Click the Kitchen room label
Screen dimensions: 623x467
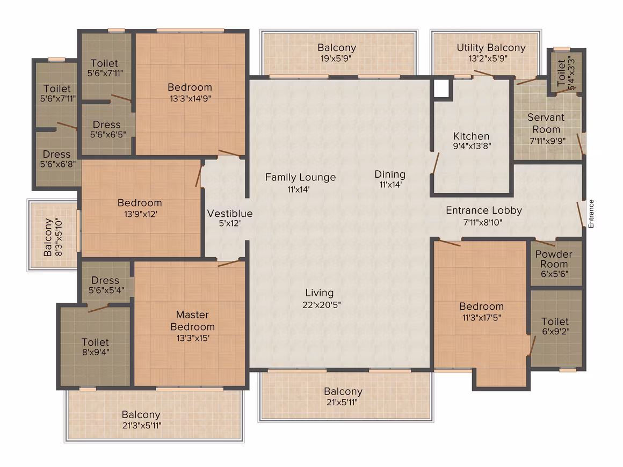pos(471,136)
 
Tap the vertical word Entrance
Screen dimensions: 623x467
pos(591,214)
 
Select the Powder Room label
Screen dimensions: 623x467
pos(554,259)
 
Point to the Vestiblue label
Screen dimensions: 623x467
pos(230,214)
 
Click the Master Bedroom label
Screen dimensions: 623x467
pos(193,321)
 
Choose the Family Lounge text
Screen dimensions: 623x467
pos(300,178)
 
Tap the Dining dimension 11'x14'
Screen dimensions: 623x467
pos(390,185)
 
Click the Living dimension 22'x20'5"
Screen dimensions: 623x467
pos(321,305)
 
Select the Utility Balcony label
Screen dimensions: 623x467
pos(491,48)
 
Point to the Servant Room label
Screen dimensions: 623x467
pos(546,123)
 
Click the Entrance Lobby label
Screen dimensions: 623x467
pos(484,210)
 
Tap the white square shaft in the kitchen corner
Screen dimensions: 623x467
pos(441,88)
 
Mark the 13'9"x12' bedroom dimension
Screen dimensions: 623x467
pos(141,214)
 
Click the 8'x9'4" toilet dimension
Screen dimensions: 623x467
pos(96,352)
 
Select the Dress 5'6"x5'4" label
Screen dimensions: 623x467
pos(106,285)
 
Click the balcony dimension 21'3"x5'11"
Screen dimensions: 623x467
pos(142,426)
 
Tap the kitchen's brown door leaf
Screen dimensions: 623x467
pos(435,163)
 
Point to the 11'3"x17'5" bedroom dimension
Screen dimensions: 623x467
pos(482,317)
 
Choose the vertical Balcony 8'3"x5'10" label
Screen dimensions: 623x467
pos(53,237)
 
